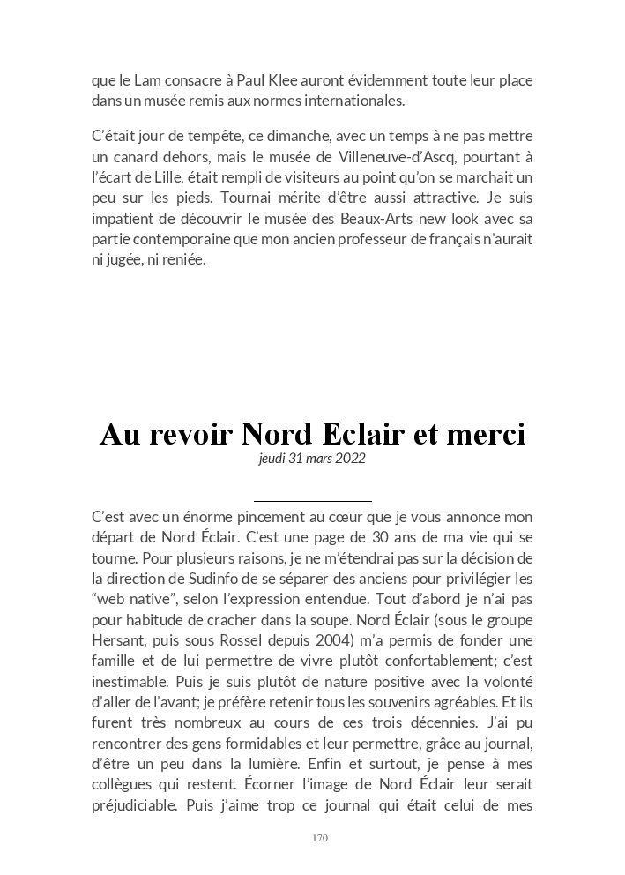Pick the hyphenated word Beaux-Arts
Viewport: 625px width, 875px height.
(379, 218)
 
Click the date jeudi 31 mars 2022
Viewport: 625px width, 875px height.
(312, 459)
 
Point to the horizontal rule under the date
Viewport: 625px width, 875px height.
(312, 501)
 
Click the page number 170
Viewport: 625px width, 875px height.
(320, 838)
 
